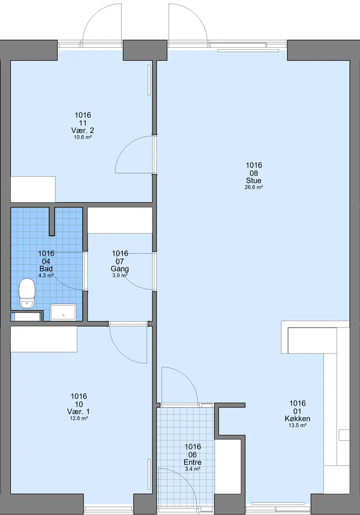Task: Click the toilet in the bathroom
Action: click(x=27, y=293)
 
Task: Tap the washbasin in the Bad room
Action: click(x=63, y=312)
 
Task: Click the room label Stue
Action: click(x=254, y=180)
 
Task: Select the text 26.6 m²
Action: click(x=254, y=187)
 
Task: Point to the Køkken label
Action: click(x=297, y=418)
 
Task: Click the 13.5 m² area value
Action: click(x=297, y=425)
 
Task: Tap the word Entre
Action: click(x=193, y=462)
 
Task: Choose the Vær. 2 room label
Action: click(x=83, y=130)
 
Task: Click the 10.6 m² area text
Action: click(x=83, y=137)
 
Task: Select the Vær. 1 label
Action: click(x=78, y=412)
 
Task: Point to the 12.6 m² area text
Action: click(x=78, y=418)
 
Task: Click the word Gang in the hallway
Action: click(x=120, y=269)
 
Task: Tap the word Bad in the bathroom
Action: click(x=46, y=269)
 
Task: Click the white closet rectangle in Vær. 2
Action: click(x=33, y=189)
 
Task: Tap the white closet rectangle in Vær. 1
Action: click(x=44, y=339)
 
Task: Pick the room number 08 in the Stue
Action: click(x=254, y=173)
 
